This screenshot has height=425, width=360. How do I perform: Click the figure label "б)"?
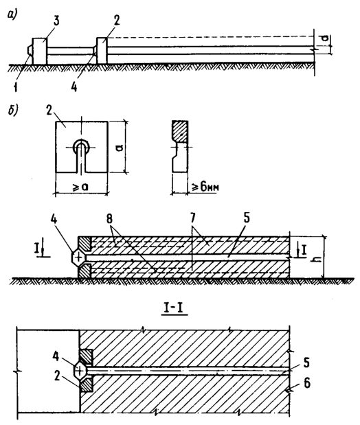[x=13, y=111]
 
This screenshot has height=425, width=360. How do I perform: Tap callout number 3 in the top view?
[x=56, y=21]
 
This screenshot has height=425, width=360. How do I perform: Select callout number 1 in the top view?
[x=16, y=87]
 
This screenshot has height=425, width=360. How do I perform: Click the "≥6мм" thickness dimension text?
[x=205, y=187]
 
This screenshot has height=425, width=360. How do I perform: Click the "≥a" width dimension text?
[x=81, y=187]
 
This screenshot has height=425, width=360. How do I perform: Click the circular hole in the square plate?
[x=82, y=146]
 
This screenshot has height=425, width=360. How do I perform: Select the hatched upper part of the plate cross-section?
[x=179, y=132]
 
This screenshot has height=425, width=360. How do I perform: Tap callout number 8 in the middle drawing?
[x=109, y=219]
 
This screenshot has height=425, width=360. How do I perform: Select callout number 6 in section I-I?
[x=307, y=384]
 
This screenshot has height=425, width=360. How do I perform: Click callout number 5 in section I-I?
[x=306, y=363]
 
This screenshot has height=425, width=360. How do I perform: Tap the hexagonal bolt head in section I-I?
[x=79, y=370]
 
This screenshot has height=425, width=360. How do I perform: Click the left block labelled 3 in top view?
[x=40, y=51]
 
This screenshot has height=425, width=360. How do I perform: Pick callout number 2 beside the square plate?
[x=49, y=111]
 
